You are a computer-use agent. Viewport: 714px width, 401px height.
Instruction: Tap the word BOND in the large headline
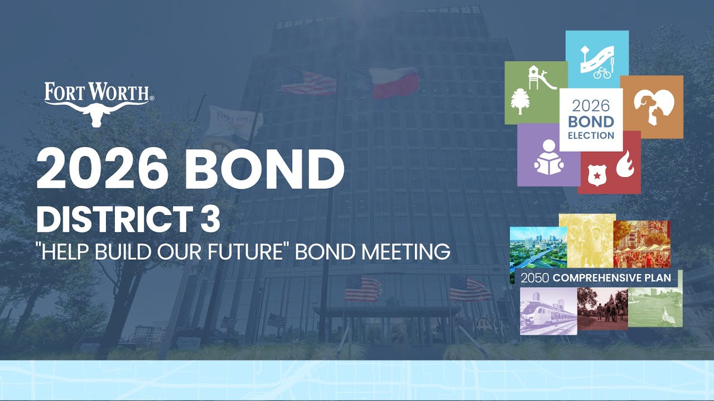pos(269,169)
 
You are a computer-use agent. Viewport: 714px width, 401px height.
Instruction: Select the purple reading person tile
pos(547,156)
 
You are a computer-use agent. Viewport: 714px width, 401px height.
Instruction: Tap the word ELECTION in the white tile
pos(591,135)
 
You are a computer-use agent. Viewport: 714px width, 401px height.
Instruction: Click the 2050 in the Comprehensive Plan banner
pos(531,277)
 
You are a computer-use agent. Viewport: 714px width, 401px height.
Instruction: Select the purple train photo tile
pos(548,311)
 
